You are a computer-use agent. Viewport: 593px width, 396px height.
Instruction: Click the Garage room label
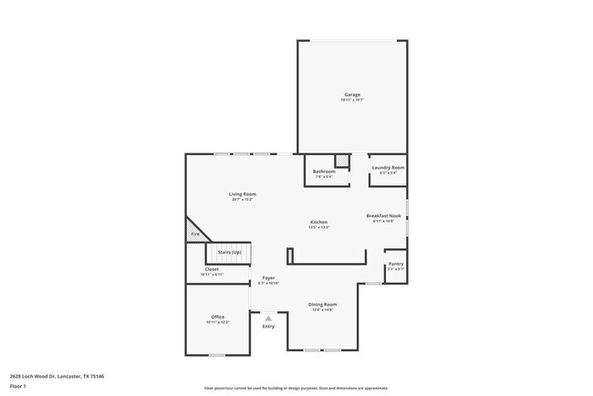point(352,95)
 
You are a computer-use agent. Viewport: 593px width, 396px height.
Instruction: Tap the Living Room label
point(242,194)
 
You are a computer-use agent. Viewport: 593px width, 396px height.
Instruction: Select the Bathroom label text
point(324,171)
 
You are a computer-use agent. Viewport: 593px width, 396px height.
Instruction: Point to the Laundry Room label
point(387,168)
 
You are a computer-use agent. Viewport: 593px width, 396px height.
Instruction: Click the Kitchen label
point(318,222)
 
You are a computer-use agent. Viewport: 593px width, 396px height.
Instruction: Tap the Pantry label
point(395,264)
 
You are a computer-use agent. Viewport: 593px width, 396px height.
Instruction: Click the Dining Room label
point(322,304)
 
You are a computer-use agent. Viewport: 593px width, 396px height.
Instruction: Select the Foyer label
point(268,277)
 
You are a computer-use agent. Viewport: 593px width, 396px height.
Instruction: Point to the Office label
point(217,317)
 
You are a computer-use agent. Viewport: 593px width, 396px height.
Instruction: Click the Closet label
point(212,269)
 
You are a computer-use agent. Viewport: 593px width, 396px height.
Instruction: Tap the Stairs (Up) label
point(229,251)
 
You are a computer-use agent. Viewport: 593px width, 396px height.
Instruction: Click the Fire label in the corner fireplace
point(194,234)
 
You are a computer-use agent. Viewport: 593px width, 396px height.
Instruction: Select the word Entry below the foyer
point(268,326)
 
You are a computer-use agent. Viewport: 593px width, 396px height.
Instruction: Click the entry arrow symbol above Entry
point(268,317)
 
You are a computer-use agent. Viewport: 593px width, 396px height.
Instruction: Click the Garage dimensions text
point(352,100)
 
